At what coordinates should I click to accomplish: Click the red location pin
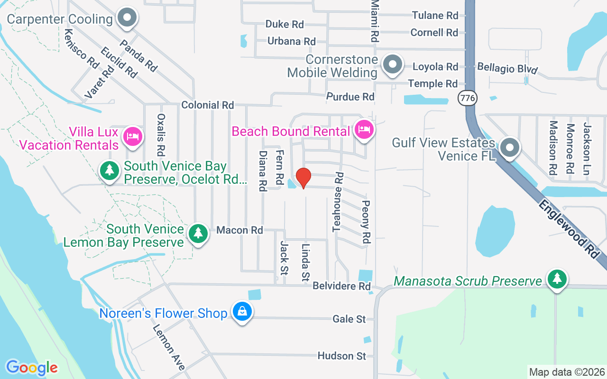303,178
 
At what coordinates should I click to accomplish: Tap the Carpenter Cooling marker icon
127,19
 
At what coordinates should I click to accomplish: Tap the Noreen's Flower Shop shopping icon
242,312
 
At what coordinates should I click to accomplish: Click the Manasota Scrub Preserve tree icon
557,279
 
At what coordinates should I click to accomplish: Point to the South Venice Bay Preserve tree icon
110,171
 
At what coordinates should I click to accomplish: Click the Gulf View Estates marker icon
510,148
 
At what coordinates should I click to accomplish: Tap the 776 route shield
468,98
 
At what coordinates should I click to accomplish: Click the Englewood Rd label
568,228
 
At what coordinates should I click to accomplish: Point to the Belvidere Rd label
341,286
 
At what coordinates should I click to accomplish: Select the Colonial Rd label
208,105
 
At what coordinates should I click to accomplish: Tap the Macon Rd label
239,230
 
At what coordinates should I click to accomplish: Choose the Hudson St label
342,356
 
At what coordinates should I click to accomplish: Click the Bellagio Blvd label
507,68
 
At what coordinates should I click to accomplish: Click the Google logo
32,368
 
